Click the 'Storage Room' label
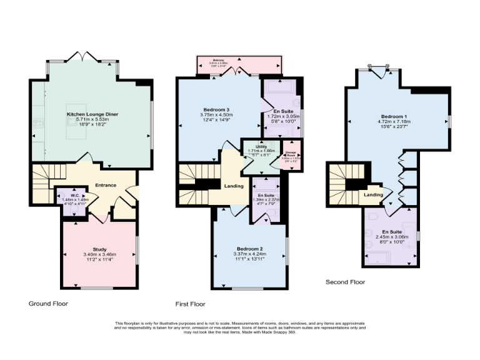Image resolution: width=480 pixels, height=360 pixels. point(290,154)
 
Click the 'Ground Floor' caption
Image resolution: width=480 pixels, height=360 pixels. point(48,303)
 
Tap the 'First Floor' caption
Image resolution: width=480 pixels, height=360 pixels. point(191,304)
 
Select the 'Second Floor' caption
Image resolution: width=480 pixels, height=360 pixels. point(345,282)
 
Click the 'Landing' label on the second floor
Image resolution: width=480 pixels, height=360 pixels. point(373,195)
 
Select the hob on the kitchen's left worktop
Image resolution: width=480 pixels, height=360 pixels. point(39,122)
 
